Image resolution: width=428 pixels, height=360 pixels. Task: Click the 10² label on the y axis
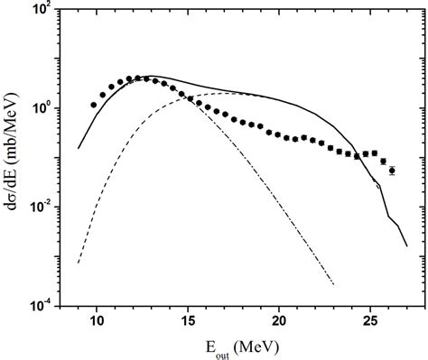point(43,12)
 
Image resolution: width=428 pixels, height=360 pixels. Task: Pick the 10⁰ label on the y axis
point(43,109)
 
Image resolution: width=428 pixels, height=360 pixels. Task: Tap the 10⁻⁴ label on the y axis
point(43,305)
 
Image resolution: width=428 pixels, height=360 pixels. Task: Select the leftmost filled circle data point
point(94,105)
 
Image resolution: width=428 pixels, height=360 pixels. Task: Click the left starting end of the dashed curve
point(79,263)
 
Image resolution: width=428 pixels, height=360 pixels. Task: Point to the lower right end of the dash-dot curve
point(334,285)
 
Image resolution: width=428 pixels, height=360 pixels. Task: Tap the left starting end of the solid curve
point(79,148)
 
